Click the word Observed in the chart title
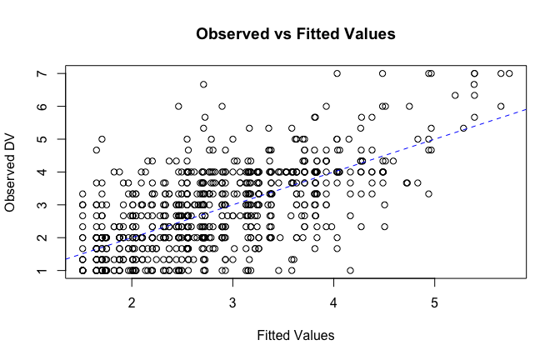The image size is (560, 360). click(228, 35)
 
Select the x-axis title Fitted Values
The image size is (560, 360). click(296, 335)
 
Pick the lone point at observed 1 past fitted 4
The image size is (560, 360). click(351, 270)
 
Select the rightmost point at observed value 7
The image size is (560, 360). click(509, 73)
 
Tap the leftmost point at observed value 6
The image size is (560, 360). click(178, 107)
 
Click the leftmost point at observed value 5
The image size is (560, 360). click(102, 139)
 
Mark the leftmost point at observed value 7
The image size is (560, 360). click(337, 73)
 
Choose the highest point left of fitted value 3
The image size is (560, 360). click(203, 84)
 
